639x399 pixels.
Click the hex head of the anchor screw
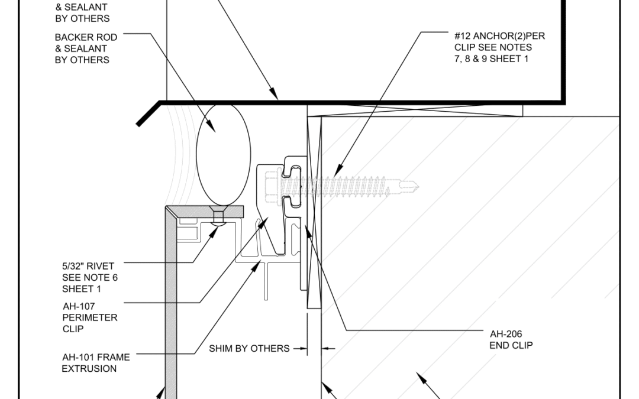272,187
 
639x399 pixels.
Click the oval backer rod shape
223,155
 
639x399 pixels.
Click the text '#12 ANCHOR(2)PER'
499,36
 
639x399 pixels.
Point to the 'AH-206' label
506,334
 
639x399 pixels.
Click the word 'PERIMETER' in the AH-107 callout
90,317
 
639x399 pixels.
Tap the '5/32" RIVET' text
88,266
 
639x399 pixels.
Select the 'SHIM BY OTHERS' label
249,349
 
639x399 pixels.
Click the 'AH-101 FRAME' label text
96,357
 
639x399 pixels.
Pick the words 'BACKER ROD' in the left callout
86,37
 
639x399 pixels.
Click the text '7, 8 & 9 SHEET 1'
491,59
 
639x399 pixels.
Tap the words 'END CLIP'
511,345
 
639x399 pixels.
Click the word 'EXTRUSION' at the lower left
89,368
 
